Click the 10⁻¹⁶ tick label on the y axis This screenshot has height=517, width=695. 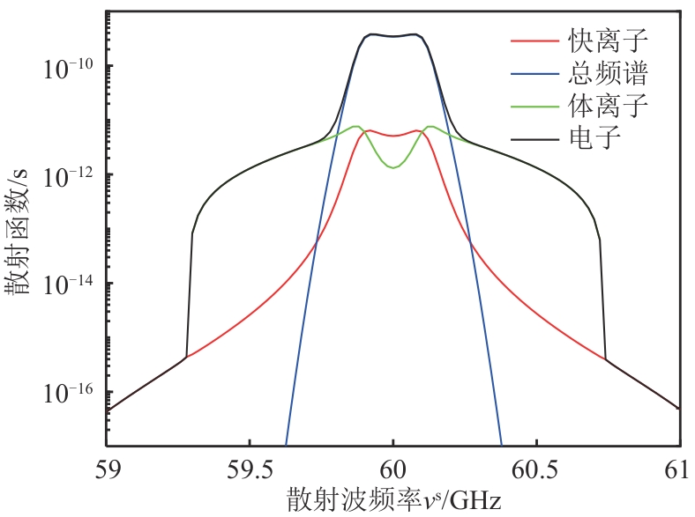coord(71,390)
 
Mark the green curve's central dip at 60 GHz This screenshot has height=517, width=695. coord(393,167)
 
